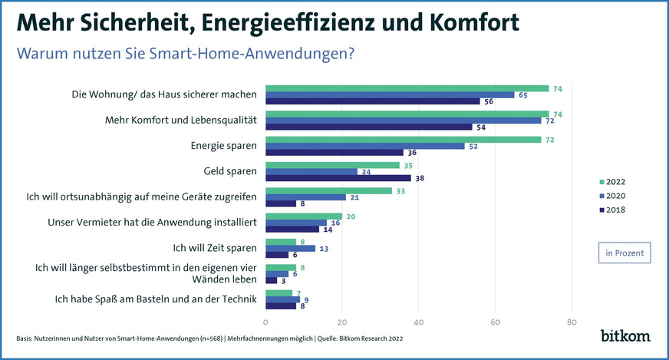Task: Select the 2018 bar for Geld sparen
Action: (338, 177)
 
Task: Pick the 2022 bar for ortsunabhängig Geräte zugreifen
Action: (328, 190)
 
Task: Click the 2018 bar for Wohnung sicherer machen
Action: (372, 101)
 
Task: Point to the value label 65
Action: (522, 94)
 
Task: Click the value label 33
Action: (400, 190)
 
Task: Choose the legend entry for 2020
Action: (614, 196)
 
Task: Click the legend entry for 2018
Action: (614, 210)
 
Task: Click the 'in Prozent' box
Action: (625, 253)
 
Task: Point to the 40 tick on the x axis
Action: (418, 322)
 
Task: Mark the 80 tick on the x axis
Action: (571, 322)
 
